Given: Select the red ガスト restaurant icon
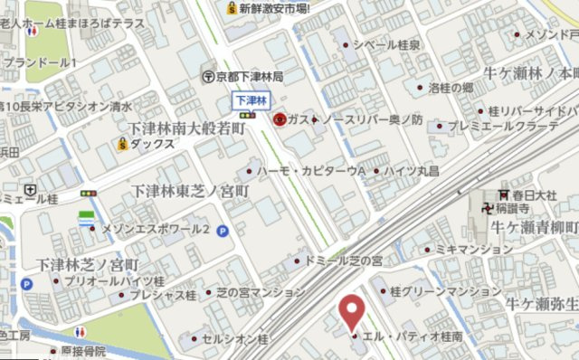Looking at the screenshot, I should coord(280,118).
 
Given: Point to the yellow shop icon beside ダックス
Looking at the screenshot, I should coord(120,143).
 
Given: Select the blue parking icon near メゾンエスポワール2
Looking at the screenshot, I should coord(222,231).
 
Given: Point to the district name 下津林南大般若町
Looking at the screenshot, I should coord(186,129).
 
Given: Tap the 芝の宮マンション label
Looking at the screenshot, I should coord(261,292).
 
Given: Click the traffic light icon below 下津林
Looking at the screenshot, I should coord(248,116).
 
